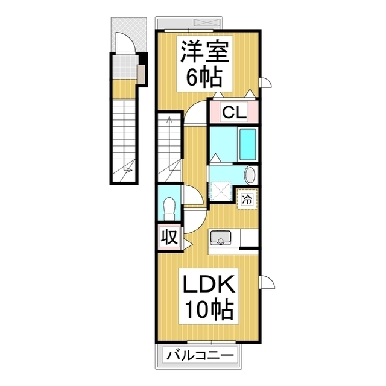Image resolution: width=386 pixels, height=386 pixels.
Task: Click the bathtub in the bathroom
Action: coord(247,144)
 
